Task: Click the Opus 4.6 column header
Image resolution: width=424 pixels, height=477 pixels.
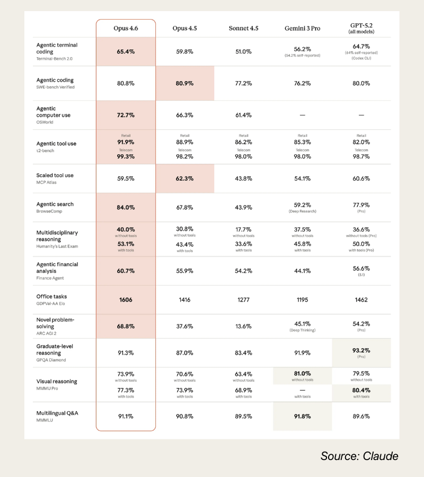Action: (126, 28)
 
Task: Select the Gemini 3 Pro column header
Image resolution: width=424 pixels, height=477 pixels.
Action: (302, 28)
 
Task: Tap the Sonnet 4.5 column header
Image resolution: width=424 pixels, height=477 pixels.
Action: (243, 28)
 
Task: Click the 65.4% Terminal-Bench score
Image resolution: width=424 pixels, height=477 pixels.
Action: (126, 52)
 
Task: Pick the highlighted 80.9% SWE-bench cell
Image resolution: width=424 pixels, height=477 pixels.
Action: (184, 83)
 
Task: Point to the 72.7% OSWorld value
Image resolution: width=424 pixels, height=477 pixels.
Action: (126, 115)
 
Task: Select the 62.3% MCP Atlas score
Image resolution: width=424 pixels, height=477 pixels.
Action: (184, 179)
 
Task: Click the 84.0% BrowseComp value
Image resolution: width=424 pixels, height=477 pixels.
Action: (126, 207)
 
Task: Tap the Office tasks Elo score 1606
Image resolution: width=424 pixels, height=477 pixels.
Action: (126, 299)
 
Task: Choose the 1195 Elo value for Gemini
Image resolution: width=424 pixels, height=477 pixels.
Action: (302, 299)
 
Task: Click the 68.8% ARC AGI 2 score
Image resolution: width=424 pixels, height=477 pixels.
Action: (126, 326)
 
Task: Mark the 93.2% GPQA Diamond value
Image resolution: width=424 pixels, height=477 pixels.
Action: (361, 350)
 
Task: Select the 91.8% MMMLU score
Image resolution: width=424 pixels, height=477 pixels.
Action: (302, 417)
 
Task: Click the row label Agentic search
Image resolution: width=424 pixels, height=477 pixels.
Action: (55, 204)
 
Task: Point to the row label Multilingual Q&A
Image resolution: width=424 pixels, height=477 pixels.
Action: (57, 413)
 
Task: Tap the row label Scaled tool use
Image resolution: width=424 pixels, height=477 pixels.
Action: (55, 175)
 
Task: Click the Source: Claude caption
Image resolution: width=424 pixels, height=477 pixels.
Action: (359, 456)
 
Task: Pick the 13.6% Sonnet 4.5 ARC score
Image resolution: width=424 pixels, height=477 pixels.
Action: (243, 326)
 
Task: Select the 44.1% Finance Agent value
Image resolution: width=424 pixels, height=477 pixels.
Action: (302, 271)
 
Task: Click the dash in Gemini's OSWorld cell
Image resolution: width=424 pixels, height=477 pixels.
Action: (302, 115)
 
